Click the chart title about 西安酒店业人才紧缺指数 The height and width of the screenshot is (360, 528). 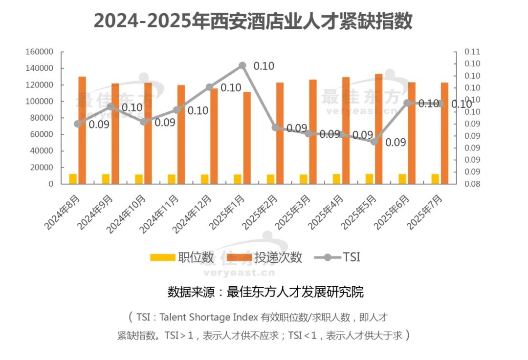[x=253, y=21]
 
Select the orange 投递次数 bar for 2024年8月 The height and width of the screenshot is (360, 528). [x=82, y=130]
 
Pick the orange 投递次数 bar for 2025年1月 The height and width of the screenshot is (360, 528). [x=247, y=138]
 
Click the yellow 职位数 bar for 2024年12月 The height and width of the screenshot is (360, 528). [x=204, y=179]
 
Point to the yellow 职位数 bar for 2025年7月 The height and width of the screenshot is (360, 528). [x=435, y=179]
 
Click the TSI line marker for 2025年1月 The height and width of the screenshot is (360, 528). [x=242, y=65]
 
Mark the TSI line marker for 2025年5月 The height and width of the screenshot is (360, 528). [x=374, y=142]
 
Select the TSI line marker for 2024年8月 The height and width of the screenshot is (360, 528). [x=77, y=124]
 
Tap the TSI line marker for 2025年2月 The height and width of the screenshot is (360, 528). [x=275, y=127]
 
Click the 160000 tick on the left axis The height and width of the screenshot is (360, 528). [x=40, y=52]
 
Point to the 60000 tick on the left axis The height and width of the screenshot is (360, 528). [x=42, y=134]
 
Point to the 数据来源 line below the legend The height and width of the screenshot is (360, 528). [x=265, y=292]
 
